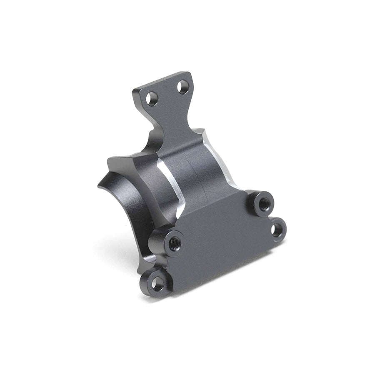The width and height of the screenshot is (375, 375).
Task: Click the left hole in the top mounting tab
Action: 152,99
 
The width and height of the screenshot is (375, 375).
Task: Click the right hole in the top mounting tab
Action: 182,87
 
